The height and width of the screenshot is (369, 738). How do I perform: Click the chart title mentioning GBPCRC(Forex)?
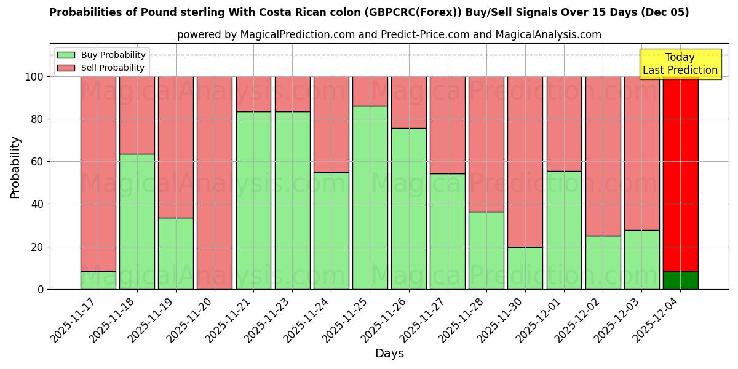click(369, 12)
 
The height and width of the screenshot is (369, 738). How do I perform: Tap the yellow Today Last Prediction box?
click(680, 64)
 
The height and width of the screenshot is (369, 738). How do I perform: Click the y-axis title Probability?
click(15, 167)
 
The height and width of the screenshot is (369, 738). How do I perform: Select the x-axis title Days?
click(389, 354)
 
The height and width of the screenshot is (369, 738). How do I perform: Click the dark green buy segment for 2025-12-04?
click(680, 280)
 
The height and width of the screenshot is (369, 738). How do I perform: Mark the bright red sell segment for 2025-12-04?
click(680, 172)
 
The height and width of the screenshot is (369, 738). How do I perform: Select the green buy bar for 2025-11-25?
click(370, 197)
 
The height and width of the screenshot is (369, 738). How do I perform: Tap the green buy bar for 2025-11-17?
click(98, 280)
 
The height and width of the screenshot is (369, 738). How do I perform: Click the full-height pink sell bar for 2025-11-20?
click(214, 183)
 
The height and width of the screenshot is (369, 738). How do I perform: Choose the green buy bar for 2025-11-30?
click(525, 268)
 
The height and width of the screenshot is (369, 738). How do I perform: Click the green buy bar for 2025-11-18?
click(137, 221)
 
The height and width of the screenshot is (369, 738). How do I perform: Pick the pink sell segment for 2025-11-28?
click(486, 144)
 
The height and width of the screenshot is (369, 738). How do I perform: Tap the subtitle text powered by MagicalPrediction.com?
click(389, 34)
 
